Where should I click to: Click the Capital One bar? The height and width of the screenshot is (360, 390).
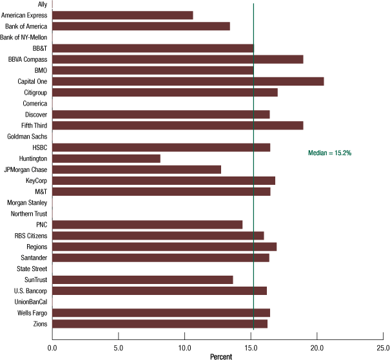point(188,81)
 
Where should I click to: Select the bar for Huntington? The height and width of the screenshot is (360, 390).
point(106,158)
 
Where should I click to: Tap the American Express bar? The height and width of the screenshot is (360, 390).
point(122,15)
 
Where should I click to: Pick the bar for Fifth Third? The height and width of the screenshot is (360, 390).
point(177,125)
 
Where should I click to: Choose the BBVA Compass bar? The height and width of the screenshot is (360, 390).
point(177,59)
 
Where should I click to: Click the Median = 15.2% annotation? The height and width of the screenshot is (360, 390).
point(330,153)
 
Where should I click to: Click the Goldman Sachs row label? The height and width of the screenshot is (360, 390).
point(26,137)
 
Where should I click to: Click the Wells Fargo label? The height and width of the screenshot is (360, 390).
point(30,312)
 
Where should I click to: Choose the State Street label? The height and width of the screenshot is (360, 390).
point(30,269)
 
